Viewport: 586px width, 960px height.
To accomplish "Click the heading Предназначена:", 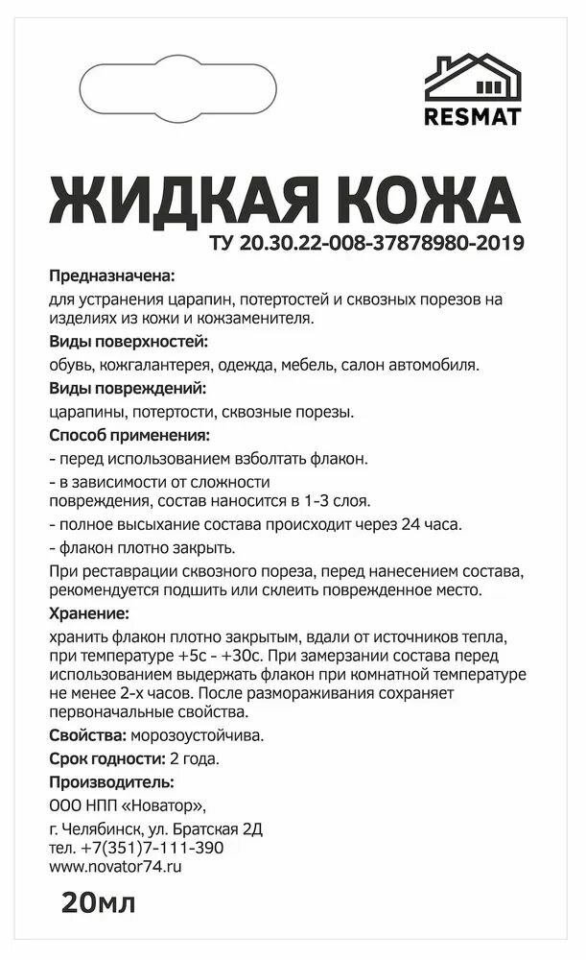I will (111, 276).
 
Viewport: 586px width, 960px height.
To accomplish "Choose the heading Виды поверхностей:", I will (128, 343).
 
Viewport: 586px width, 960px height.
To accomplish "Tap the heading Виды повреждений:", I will (127, 389).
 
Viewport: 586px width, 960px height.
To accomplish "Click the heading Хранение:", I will (87, 612).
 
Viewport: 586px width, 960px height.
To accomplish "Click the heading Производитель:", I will (111, 781).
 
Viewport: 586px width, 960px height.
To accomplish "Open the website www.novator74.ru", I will (114, 866).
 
